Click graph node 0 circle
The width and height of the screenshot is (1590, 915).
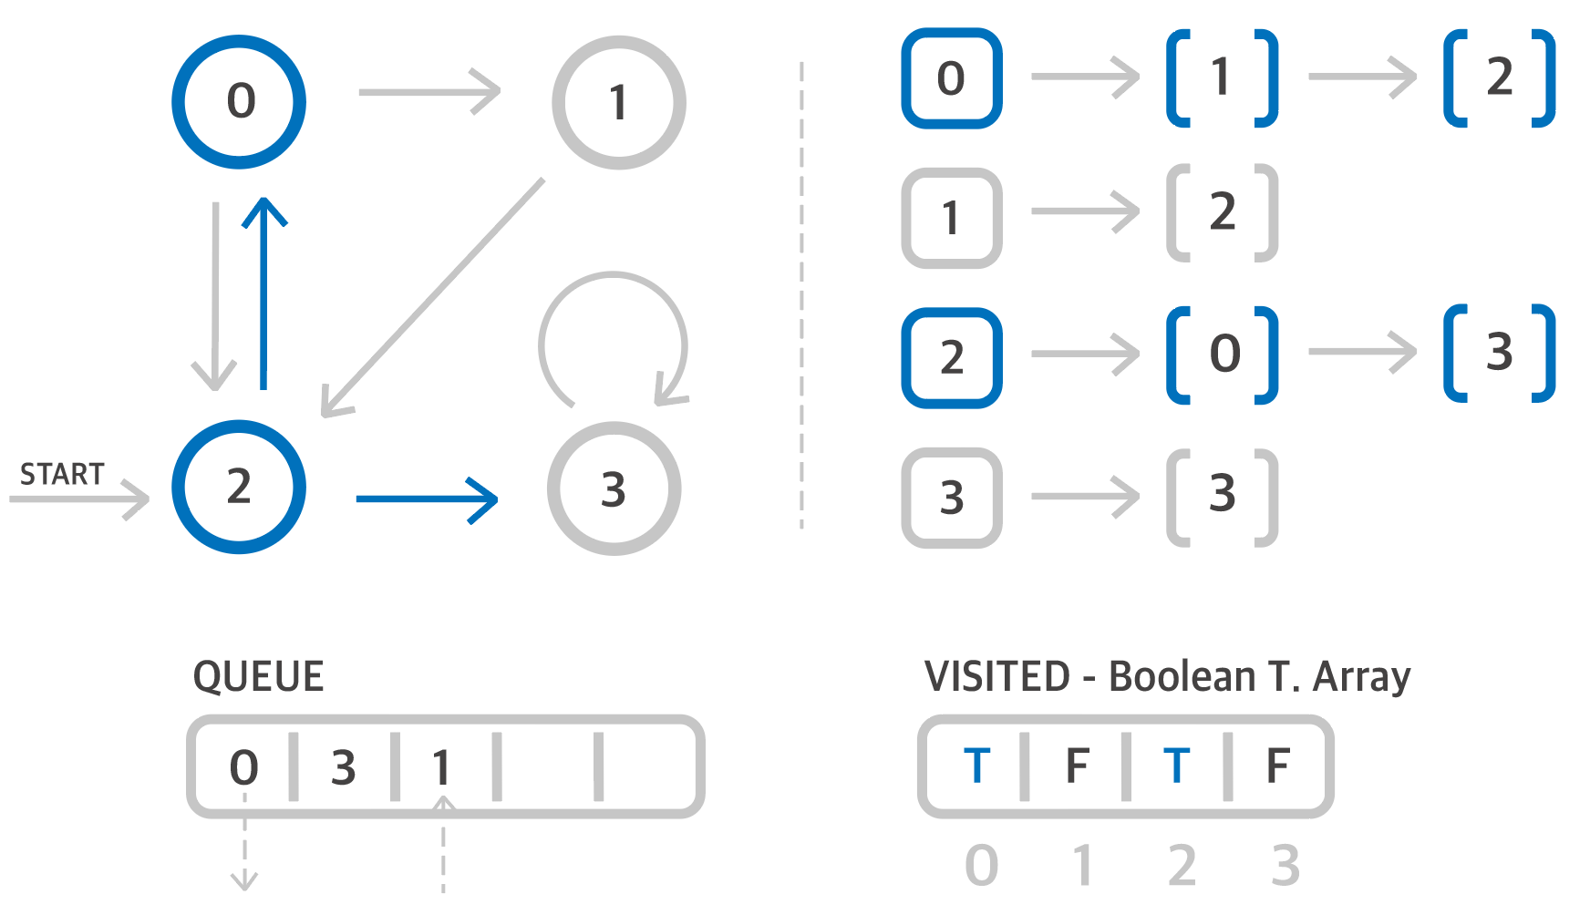pos(239,101)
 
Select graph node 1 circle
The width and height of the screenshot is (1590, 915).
pos(618,102)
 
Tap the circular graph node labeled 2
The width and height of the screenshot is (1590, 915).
pos(239,487)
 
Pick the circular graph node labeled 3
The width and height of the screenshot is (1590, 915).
pos(614,488)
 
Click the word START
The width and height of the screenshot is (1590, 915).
pos(62,474)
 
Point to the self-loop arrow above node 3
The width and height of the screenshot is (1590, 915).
pos(614,310)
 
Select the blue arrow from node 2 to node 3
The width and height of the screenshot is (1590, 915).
pos(427,499)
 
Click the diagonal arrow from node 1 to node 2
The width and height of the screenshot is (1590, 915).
pos(433,297)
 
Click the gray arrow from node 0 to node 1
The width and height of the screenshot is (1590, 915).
pos(428,92)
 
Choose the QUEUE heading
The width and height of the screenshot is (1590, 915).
pos(258,676)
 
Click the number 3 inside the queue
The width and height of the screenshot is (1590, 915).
pos(343,767)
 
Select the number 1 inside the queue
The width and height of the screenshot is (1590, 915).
pos(441,767)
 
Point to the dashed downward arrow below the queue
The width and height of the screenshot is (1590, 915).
pos(244,848)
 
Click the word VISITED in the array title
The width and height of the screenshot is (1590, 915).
pos(996,676)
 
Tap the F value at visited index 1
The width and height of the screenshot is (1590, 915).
pos(1077,766)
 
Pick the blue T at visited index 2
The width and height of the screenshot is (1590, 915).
pos(1176,766)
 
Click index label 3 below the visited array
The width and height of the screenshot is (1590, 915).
pos(1285,866)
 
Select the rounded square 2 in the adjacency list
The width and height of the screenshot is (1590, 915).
pos(952,357)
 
